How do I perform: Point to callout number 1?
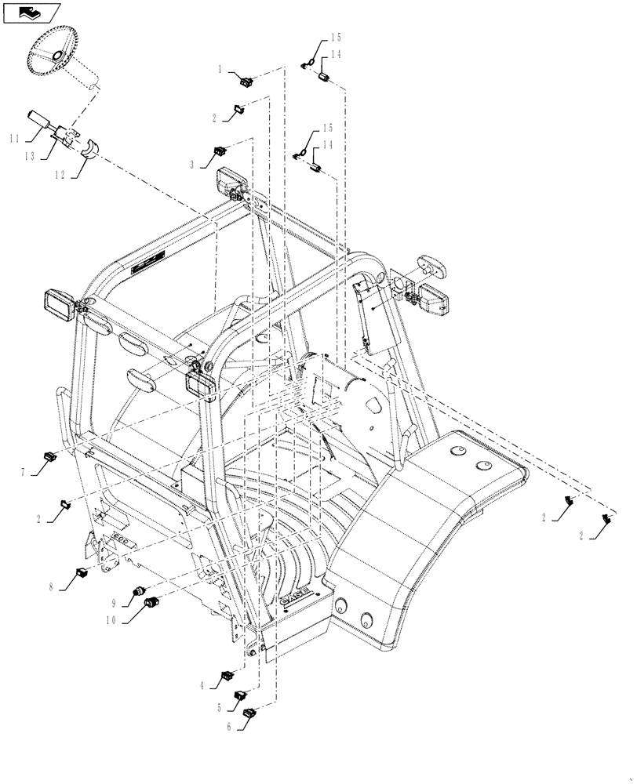pyautogui.click(x=221, y=70)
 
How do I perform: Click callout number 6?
pyautogui.click(x=227, y=726)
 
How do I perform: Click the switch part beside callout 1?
pyautogui.click(x=246, y=78)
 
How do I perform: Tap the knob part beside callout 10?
pyautogui.click(x=153, y=602)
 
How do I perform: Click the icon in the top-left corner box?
pyautogui.click(x=31, y=13)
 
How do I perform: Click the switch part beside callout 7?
pyautogui.click(x=50, y=455)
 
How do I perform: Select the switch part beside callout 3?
pyautogui.click(x=219, y=149)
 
